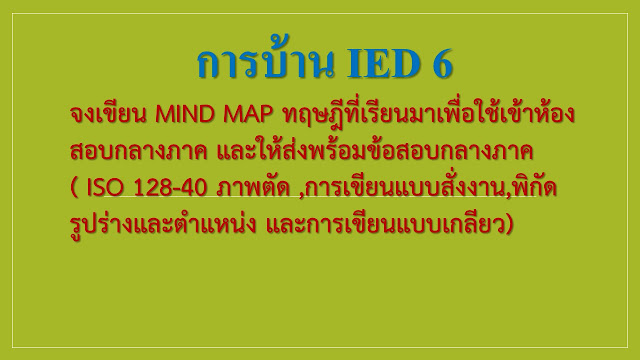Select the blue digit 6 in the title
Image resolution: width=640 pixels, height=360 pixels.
[x=442, y=64]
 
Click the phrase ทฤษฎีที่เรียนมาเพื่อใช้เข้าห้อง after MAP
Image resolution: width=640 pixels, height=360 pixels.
[x=428, y=115]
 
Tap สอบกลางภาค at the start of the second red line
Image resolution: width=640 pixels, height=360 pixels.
[x=139, y=153]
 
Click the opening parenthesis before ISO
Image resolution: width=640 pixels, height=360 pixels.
[x=74, y=189]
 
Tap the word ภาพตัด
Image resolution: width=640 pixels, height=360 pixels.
[x=253, y=188]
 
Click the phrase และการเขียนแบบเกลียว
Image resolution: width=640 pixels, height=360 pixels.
[x=385, y=224]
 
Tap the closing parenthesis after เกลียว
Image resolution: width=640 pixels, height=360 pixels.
[x=509, y=225]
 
